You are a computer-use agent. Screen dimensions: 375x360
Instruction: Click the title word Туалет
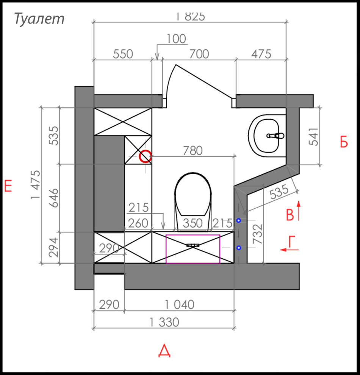click(39, 19)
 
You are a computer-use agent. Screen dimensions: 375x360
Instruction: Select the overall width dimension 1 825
click(190, 16)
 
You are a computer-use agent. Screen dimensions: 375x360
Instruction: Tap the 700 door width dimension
click(199, 54)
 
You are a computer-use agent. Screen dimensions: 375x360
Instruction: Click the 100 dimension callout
click(176, 39)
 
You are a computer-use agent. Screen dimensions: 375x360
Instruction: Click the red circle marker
click(145, 156)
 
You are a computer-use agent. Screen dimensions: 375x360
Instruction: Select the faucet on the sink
click(275, 135)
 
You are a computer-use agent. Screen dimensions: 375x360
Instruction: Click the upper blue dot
click(239, 220)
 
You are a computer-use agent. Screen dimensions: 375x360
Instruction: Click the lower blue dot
click(239, 248)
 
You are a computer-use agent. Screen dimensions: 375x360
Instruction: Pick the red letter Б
click(343, 142)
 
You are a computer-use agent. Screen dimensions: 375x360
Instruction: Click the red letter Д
click(164, 351)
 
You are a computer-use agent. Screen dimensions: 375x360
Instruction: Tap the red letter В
click(290, 215)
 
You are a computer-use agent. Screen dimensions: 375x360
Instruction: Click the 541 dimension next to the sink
click(314, 136)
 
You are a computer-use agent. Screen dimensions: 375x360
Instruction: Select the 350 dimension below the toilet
click(193, 223)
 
